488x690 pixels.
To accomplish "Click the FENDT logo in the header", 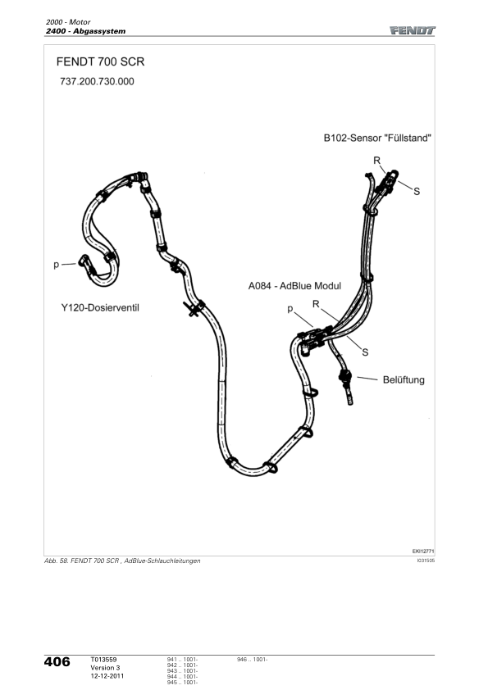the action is point(413,30).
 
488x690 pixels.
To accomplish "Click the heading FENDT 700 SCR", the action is point(100,61).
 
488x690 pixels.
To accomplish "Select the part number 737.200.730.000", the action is point(97,81).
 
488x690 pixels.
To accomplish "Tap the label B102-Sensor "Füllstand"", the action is point(377,138).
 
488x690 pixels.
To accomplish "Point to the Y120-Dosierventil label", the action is point(100,307).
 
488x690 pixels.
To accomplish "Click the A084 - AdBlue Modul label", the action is point(294,286).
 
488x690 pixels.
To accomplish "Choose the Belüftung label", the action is point(404,379).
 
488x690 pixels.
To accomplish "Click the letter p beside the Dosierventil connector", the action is point(56,265).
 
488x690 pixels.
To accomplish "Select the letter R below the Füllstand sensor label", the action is point(377,161).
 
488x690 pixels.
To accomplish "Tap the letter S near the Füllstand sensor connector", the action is point(417,192).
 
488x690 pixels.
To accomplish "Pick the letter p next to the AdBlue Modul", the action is point(290,309).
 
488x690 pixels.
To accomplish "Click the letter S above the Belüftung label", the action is point(365,352).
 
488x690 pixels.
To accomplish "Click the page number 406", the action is point(57,662).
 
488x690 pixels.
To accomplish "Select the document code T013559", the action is point(103,660).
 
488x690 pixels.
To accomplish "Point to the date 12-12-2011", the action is point(107,676).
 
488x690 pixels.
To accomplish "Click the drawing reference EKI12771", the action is point(423,551).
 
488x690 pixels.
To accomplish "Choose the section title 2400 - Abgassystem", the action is point(85,31).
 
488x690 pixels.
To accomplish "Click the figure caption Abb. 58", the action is point(57,561).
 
